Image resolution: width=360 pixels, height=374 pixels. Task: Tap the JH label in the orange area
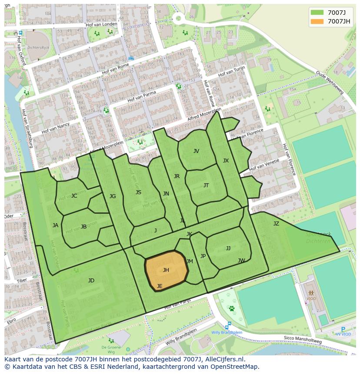[x=166, y=270]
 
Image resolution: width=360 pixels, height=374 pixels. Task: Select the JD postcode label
[x=91, y=281]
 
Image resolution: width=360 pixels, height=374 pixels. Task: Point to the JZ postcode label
[x=276, y=224]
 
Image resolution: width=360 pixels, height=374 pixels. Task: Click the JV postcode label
[x=196, y=151]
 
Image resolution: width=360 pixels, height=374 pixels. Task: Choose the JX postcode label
[x=226, y=161]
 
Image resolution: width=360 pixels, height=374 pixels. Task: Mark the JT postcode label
[x=206, y=185]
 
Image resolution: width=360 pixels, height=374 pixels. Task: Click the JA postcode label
[x=55, y=225]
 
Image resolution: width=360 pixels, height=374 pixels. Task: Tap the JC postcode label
[x=74, y=196]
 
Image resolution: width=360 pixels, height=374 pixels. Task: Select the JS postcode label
[x=138, y=192]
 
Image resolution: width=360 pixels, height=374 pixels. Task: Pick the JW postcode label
[x=241, y=261]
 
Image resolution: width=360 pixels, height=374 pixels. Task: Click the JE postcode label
[x=160, y=286]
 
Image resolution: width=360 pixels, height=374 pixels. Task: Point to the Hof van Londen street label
[x=102, y=24]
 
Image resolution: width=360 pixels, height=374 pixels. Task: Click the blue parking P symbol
[x=343, y=330]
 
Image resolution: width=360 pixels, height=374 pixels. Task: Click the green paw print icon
[x=232, y=308]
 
